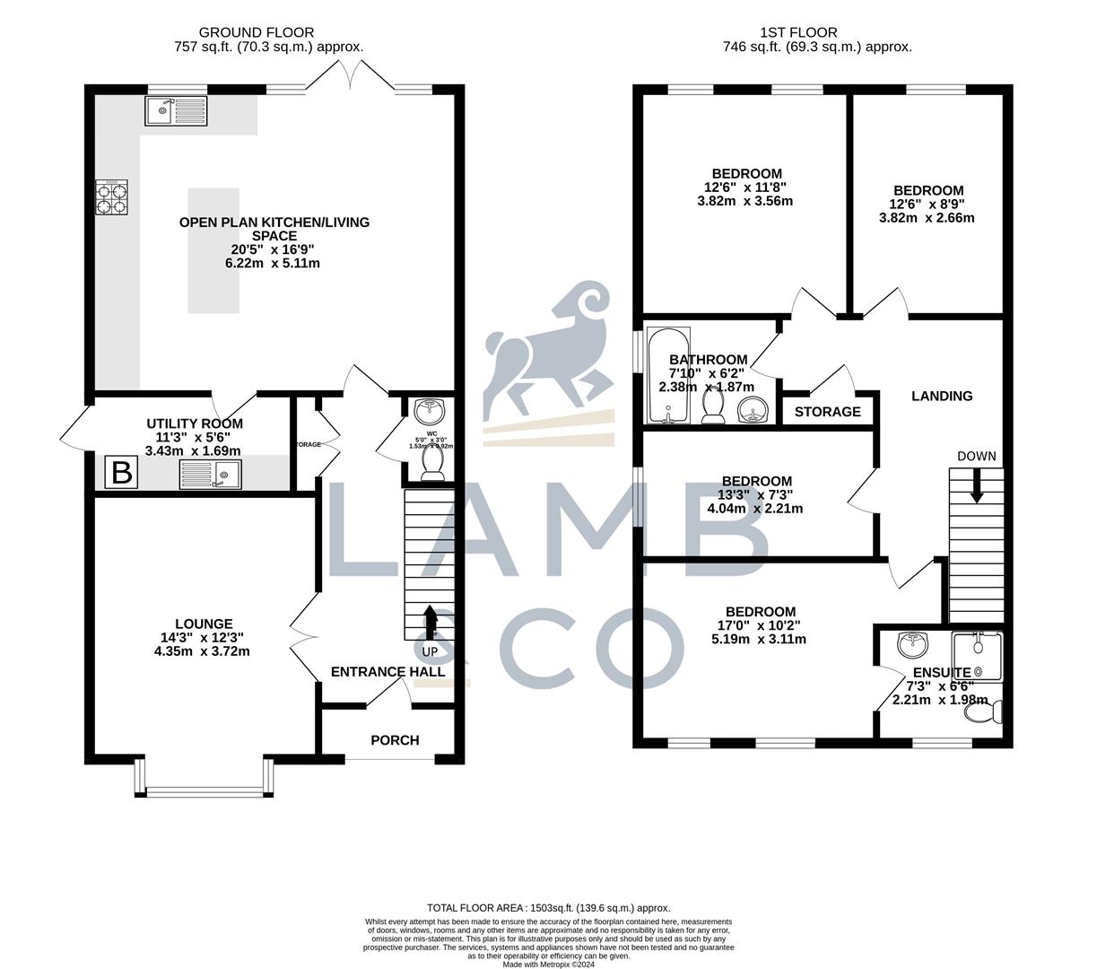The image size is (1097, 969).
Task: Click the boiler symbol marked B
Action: [x=121, y=472]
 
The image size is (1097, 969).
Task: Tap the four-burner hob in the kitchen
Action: [x=112, y=197]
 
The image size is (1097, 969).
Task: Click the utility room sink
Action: [x=210, y=474]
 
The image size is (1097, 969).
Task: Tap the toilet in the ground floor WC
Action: [x=432, y=462]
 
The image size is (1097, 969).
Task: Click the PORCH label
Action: [x=395, y=740]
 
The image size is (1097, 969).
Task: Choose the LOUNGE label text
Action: [x=204, y=624]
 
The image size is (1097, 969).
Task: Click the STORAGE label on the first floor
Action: [x=827, y=412]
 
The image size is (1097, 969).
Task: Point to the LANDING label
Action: [x=942, y=396]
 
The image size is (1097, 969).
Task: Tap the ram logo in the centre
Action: [x=549, y=359]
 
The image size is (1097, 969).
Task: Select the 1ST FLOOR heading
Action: [x=817, y=33]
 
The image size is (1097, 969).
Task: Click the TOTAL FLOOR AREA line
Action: [x=548, y=908]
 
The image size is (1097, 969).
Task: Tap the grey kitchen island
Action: [x=213, y=250]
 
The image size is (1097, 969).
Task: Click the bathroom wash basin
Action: [x=753, y=412]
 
